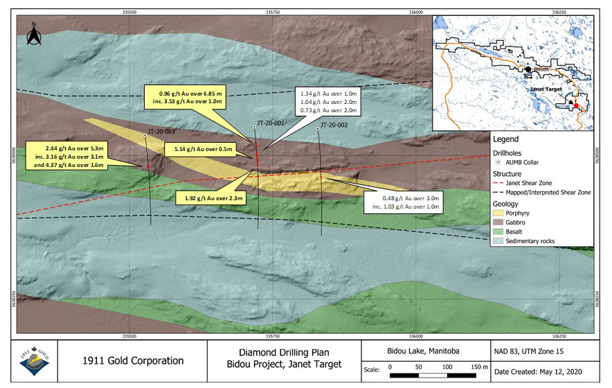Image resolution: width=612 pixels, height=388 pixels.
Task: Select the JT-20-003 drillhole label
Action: click(161, 132)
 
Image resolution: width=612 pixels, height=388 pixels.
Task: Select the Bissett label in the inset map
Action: click(541, 69)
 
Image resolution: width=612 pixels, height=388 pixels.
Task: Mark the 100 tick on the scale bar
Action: click(447, 366)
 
